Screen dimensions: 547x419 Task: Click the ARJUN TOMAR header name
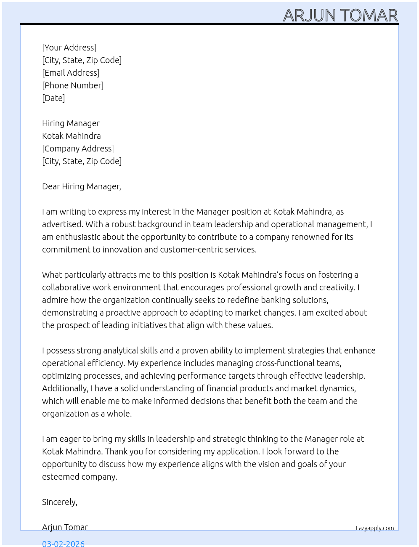[x=340, y=15]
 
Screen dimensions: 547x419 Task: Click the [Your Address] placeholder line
[x=69, y=48]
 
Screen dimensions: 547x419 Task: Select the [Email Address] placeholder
[x=71, y=73]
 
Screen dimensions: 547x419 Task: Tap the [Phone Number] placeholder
[x=73, y=85]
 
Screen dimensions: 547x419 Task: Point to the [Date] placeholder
[x=53, y=98]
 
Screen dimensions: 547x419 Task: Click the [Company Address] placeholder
[x=78, y=149]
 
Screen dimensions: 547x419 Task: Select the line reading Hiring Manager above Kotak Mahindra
[x=71, y=123]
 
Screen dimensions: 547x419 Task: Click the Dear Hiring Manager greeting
[x=81, y=186]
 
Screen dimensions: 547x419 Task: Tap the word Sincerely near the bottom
[x=59, y=502]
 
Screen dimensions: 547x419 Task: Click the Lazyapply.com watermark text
[x=375, y=528]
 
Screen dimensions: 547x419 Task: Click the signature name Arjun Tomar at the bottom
[x=65, y=527]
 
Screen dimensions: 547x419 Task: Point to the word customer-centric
[x=191, y=250]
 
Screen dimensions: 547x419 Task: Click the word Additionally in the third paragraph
[x=65, y=388]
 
